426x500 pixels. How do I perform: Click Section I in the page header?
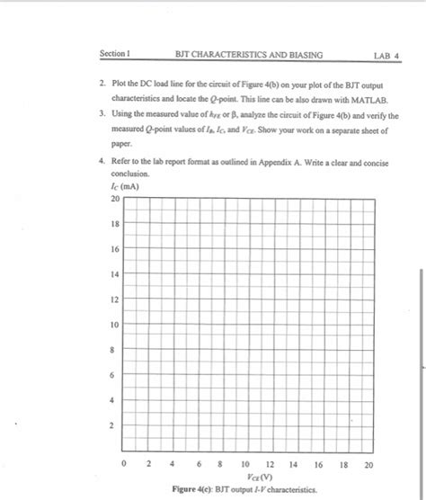[x=115, y=55]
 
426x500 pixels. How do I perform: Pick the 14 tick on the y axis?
[x=115, y=273]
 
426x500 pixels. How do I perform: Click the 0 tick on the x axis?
[x=126, y=465]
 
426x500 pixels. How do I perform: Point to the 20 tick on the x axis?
[x=368, y=465]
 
